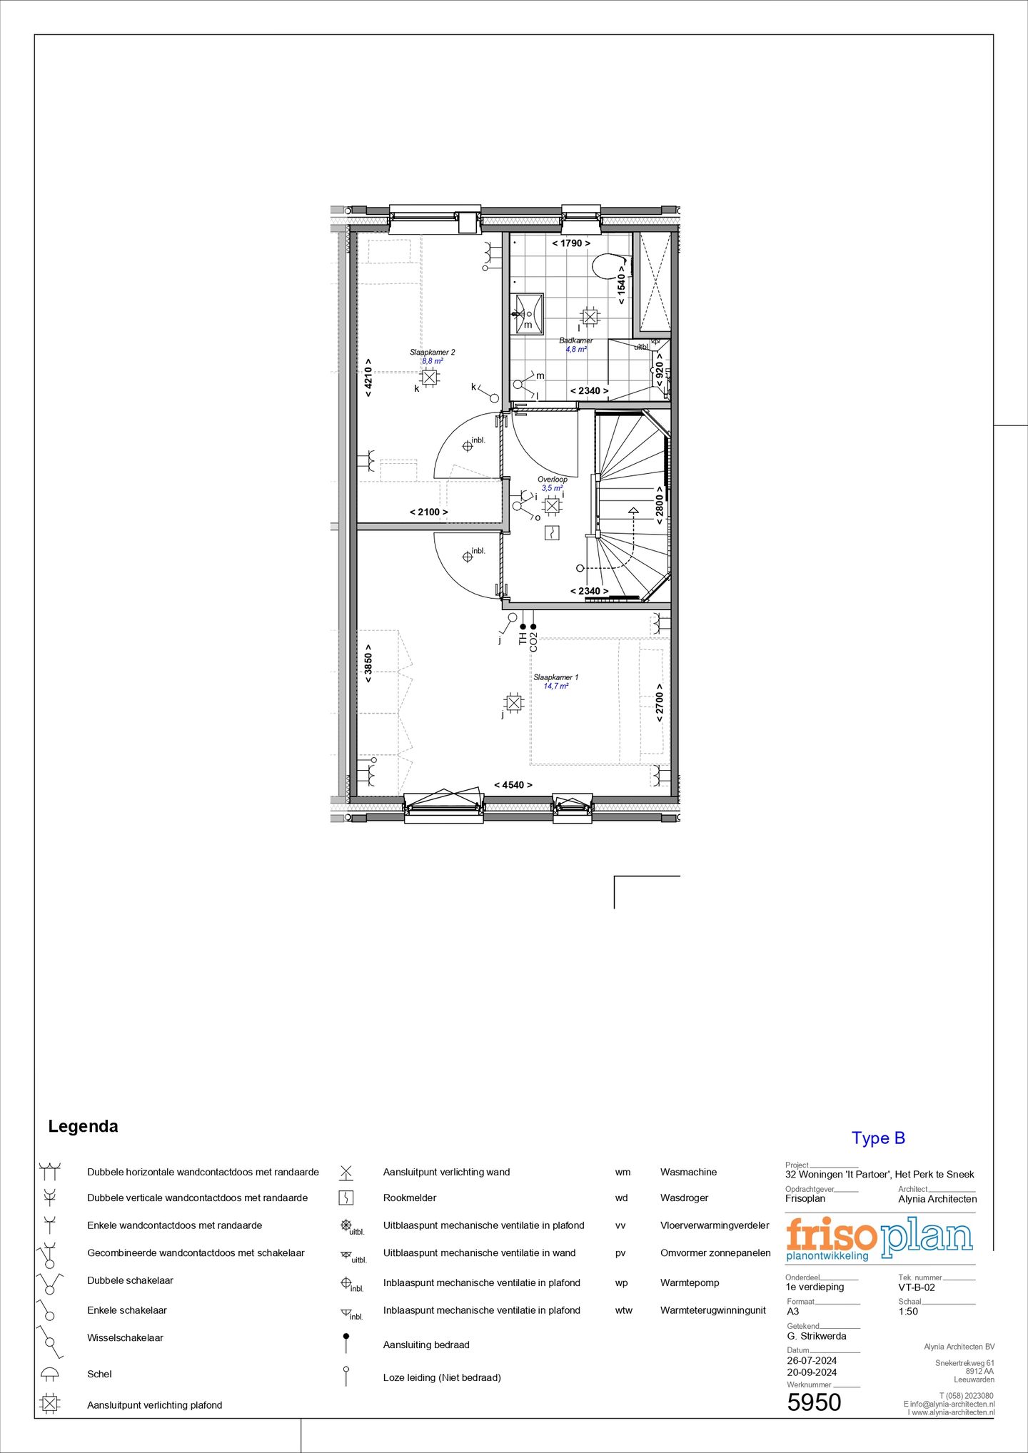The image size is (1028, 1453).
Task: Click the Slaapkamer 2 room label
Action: (432, 353)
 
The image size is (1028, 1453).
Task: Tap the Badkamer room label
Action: (575, 341)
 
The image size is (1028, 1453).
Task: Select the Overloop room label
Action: (553, 480)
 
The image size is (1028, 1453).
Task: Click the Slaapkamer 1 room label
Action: (555, 677)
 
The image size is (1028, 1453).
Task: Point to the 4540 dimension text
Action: (513, 785)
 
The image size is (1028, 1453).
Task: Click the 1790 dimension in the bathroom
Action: (571, 243)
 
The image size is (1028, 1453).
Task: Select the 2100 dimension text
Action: (428, 512)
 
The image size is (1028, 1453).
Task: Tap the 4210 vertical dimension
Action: (368, 378)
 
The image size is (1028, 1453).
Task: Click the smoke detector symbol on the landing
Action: (552, 532)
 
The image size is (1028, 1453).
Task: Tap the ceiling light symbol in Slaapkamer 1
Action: (513, 703)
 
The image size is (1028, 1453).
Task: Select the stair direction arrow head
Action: (633, 510)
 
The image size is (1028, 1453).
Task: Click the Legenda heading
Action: (83, 1126)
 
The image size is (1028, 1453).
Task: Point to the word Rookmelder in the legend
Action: (409, 1198)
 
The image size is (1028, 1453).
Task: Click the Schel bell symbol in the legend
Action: (49, 1373)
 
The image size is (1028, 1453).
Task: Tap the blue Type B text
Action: (877, 1138)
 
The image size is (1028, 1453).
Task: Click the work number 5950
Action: (814, 1402)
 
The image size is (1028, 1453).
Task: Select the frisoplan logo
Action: (879, 1237)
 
